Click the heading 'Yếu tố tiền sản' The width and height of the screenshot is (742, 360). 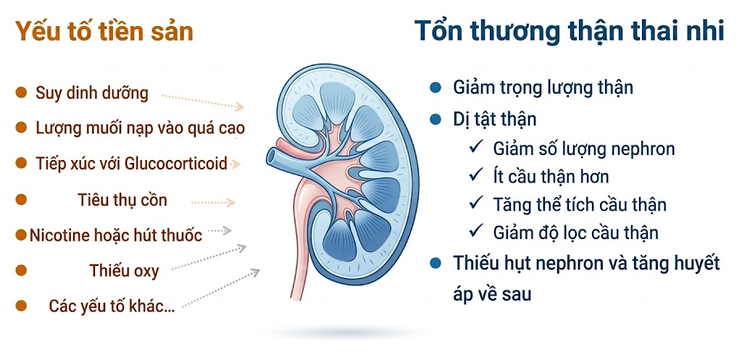tap(104, 33)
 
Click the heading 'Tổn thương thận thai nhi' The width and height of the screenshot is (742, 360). tap(569, 33)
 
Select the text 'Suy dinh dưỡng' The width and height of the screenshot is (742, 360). tap(92, 93)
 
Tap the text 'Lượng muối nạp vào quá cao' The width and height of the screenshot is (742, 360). tap(140, 128)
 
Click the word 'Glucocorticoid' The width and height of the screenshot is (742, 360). tap(176, 163)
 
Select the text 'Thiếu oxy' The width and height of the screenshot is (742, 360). tap(124, 271)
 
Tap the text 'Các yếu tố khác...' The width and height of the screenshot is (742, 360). tap(112, 306)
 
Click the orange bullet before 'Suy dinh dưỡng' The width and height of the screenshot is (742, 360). tap(21, 93)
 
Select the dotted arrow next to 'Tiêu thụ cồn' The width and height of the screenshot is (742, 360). tap(213, 204)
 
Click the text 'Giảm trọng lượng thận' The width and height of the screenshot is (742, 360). tap(543, 88)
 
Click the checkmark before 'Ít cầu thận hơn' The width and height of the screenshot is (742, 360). tap(476, 176)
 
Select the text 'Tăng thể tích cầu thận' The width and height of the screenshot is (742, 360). tap(580, 204)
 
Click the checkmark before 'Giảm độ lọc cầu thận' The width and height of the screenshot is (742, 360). tap(476, 232)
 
